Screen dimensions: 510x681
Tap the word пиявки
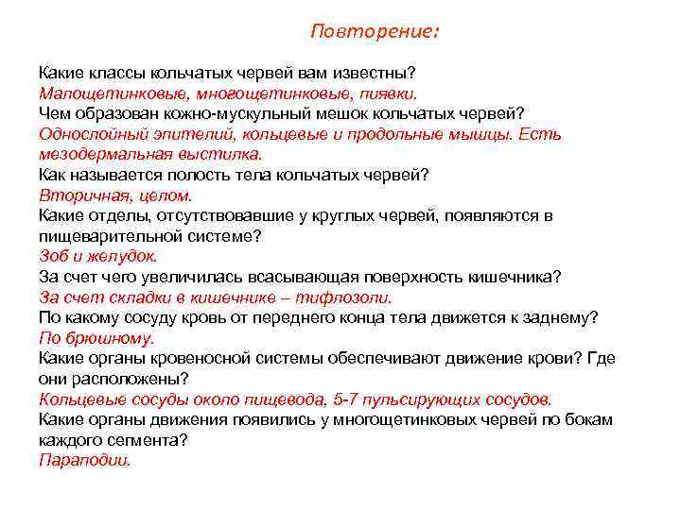tap(388, 94)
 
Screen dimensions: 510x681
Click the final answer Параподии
tap(85, 460)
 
